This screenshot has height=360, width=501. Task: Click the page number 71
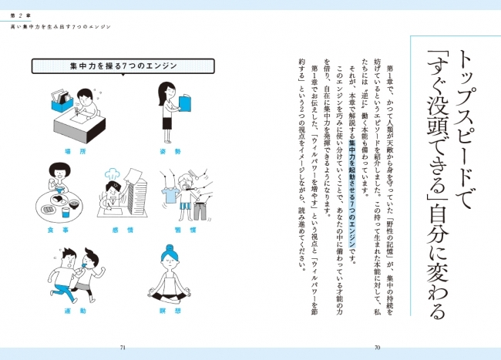[x=123, y=348]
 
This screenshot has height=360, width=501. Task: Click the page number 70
[x=378, y=348]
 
